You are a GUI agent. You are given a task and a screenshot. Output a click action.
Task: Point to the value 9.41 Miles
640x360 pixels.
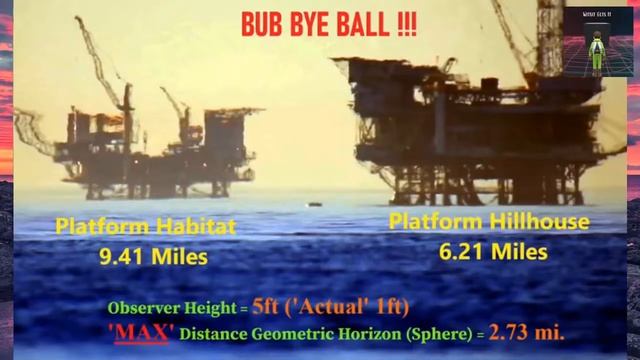tap(153, 256)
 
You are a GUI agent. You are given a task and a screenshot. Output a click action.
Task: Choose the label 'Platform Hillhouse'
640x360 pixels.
tap(489, 222)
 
